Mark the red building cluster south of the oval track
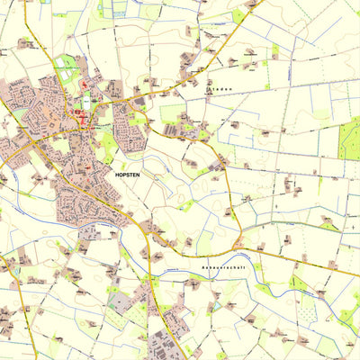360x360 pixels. pyautogui.click(x=84, y=117)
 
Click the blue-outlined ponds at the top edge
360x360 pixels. pyautogui.click(x=114, y=11)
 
